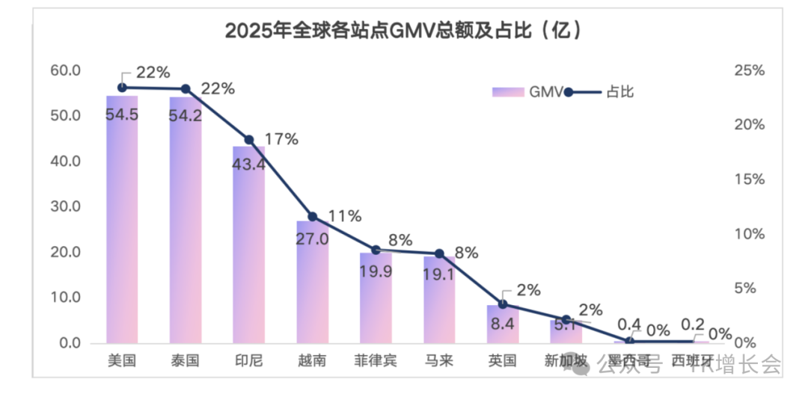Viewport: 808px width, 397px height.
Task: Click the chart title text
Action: click(403, 31)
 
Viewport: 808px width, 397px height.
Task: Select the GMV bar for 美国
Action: click(122, 224)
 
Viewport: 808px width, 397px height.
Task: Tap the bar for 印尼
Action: click(248, 247)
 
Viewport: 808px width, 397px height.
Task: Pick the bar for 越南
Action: click(312, 284)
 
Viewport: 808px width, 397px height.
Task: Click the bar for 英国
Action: click(503, 325)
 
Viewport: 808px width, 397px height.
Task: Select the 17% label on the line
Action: click(281, 138)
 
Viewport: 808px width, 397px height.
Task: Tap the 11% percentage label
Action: click(344, 217)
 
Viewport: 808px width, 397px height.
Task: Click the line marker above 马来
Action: click(439, 254)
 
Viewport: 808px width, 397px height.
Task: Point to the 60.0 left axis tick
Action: click(65, 71)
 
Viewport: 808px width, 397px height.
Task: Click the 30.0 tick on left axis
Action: click(65, 207)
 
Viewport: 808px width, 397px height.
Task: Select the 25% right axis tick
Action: click(748, 71)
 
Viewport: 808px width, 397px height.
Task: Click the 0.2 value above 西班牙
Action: click(693, 324)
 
